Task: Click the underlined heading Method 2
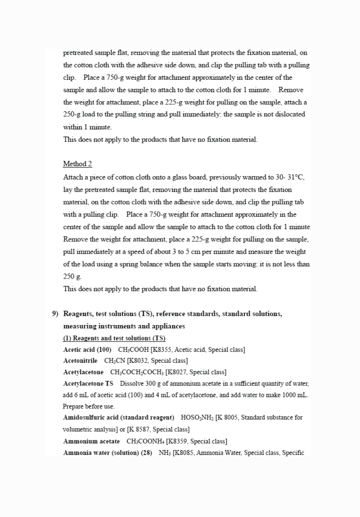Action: tap(77, 164)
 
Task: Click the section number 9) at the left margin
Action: tap(55, 314)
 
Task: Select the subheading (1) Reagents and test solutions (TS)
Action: tap(114, 338)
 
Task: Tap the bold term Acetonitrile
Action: tap(80, 361)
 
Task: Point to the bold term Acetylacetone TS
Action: tap(88, 383)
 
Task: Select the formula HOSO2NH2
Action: tap(197, 417)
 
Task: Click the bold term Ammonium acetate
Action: tap(91, 441)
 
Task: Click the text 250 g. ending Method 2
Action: tap(72, 276)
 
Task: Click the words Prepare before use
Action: tap(89, 406)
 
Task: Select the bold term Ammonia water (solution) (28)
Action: tap(107, 453)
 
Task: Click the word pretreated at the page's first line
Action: tap(77, 53)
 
